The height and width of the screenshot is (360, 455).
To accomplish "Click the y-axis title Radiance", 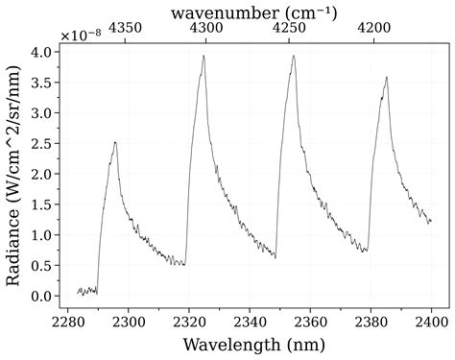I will (x=15, y=172).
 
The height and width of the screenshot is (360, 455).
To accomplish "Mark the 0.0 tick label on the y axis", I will (x=41, y=297).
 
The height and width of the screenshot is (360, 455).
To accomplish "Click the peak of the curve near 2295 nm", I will (x=115, y=142).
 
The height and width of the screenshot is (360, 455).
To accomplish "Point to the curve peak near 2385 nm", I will (x=386, y=78).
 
